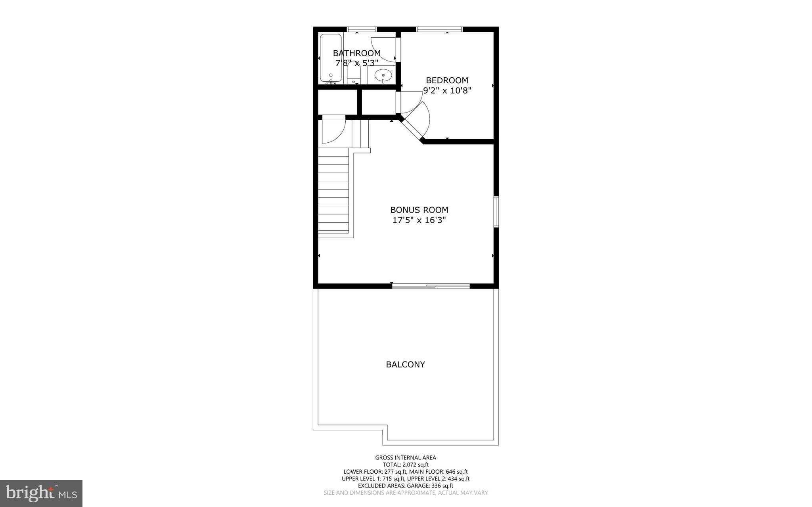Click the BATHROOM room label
356,53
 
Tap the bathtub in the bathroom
330,59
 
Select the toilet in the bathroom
353,74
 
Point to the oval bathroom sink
383,74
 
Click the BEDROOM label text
447,80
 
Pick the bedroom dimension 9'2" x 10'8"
447,91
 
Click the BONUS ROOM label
419,210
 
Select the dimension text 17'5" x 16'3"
419,220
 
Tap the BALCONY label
405,364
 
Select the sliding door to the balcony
431,285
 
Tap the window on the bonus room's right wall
496,212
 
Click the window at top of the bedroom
439,29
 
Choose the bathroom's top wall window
362,29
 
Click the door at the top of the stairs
333,130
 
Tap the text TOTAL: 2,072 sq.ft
405,465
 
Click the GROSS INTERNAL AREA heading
405,457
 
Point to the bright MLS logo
41,493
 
